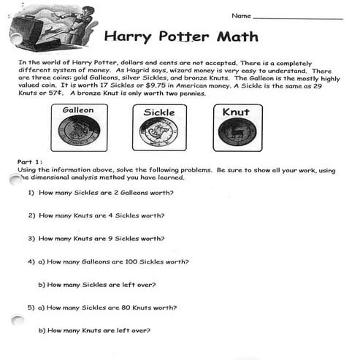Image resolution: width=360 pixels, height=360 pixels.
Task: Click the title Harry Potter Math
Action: point(180,37)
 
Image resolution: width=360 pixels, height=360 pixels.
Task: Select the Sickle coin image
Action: point(158,134)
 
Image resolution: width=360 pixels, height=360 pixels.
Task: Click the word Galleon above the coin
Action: point(79,110)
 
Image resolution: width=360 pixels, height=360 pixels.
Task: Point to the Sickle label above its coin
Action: point(158,112)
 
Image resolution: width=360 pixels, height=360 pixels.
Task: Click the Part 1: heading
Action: point(30,161)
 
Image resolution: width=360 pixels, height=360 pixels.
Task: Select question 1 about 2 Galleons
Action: point(101,193)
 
